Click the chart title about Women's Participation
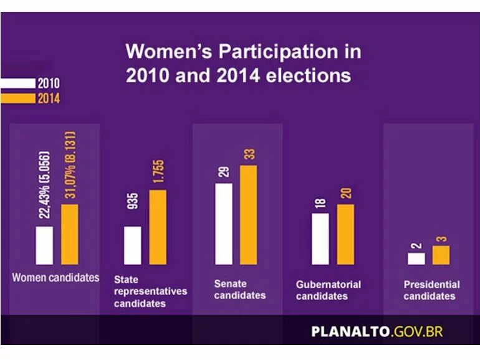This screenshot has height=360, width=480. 243,63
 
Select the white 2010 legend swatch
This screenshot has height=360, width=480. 18,83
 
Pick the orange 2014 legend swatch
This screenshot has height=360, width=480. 18,98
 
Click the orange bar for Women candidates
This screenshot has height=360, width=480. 70,234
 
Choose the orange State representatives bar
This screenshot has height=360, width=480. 158,227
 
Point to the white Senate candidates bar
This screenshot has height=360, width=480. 224,224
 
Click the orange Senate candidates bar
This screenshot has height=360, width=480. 249,214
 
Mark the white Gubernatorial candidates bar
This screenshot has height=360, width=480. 320,239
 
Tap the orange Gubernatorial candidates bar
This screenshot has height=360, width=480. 345,234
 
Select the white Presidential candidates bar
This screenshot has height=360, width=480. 416,258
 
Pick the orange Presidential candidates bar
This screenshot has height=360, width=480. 441,255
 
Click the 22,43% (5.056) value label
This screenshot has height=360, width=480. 45,185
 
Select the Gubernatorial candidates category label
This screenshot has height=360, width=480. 328,290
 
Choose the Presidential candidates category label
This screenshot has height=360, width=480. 431,290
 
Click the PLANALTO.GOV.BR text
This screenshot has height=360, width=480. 377,331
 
